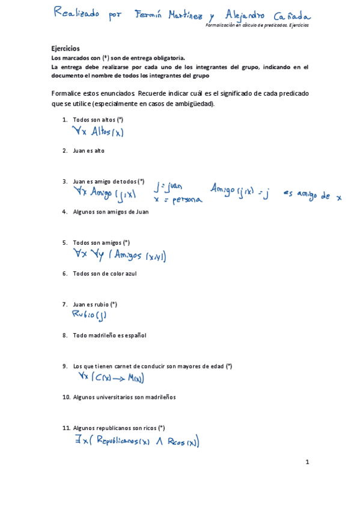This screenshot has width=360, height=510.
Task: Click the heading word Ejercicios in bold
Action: click(66, 49)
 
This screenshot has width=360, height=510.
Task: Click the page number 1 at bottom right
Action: click(307, 462)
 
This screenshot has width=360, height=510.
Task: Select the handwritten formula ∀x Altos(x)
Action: click(97, 132)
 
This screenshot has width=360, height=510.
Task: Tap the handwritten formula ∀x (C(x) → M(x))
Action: click(111, 378)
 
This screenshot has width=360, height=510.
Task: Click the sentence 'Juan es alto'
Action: click(88, 150)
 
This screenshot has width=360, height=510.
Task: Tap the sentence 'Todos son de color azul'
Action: click(105, 274)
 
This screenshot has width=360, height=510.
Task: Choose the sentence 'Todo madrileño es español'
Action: click(109, 335)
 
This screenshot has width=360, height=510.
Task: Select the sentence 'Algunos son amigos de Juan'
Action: click(111, 212)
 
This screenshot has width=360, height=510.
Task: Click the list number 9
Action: click(64, 366)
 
